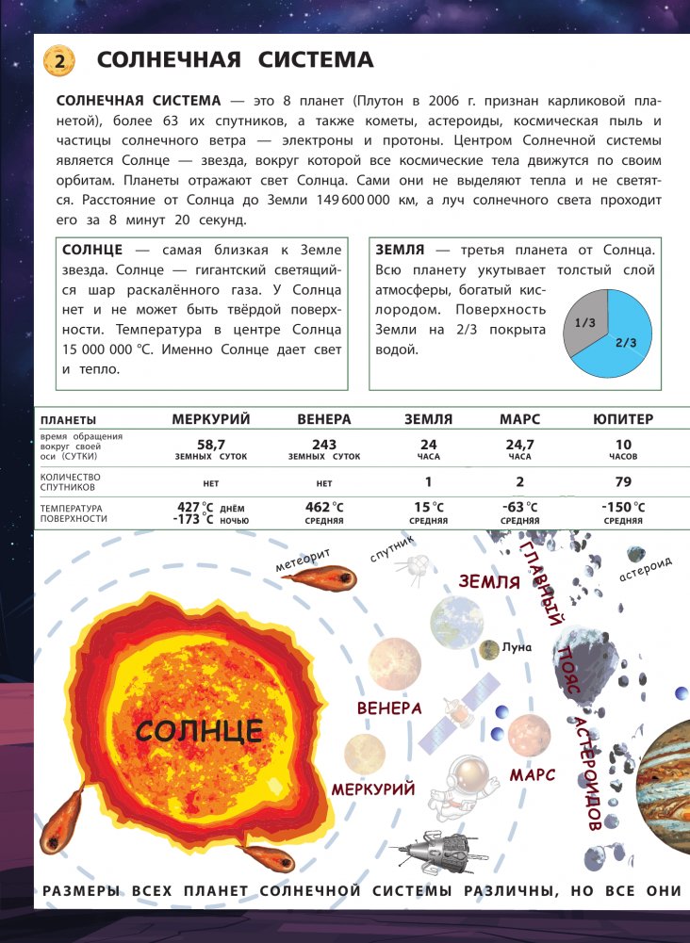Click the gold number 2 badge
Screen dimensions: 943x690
click(58, 63)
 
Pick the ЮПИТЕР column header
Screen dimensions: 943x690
click(623, 419)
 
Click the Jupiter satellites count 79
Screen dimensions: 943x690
click(623, 482)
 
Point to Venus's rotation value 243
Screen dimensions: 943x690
click(323, 445)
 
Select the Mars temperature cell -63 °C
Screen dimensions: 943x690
click(519, 508)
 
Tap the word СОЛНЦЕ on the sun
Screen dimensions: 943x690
click(198, 730)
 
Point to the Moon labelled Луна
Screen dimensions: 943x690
click(489, 648)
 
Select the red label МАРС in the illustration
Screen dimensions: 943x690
click(533, 775)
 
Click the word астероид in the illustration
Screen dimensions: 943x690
click(645, 568)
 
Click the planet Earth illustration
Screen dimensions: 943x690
click(457, 622)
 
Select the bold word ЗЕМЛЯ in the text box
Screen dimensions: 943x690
click(399, 251)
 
